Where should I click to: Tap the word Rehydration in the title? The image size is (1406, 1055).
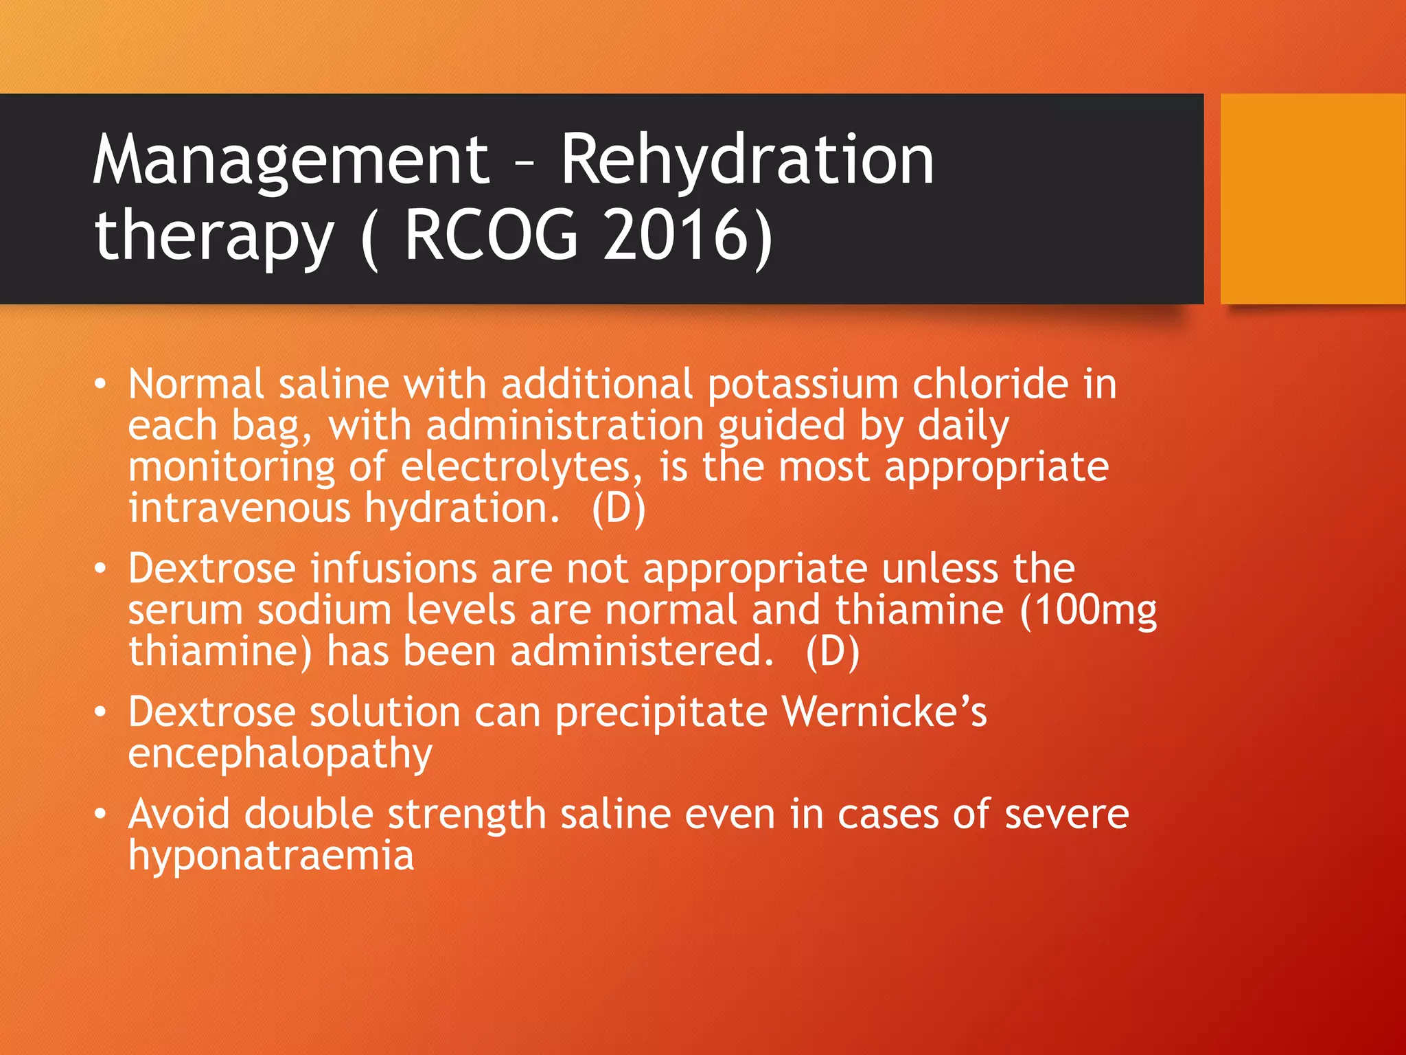pyautogui.click(x=747, y=159)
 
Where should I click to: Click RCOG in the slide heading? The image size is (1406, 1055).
pyautogui.click(x=492, y=236)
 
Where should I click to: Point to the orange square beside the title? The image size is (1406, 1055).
pyautogui.click(x=1313, y=199)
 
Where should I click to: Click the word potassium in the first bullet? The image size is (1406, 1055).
pyautogui.click(x=803, y=384)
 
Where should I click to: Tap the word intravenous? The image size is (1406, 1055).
pyautogui.click(x=240, y=508)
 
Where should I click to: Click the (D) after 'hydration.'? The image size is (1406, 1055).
pyautogui.click(x=619, y=508)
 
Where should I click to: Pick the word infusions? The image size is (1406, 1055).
pyautogui.click(x=393, y=569)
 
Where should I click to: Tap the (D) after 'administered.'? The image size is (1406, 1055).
pyautogui.click(x=832, y=651)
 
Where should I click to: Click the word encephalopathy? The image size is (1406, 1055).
pyautogui.click(x=280, y=754)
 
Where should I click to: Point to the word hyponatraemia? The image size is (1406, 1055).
pyautogui.click(x=271, y=856)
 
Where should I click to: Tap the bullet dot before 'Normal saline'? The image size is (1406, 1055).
pyautogui.click(x=101, y=385)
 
